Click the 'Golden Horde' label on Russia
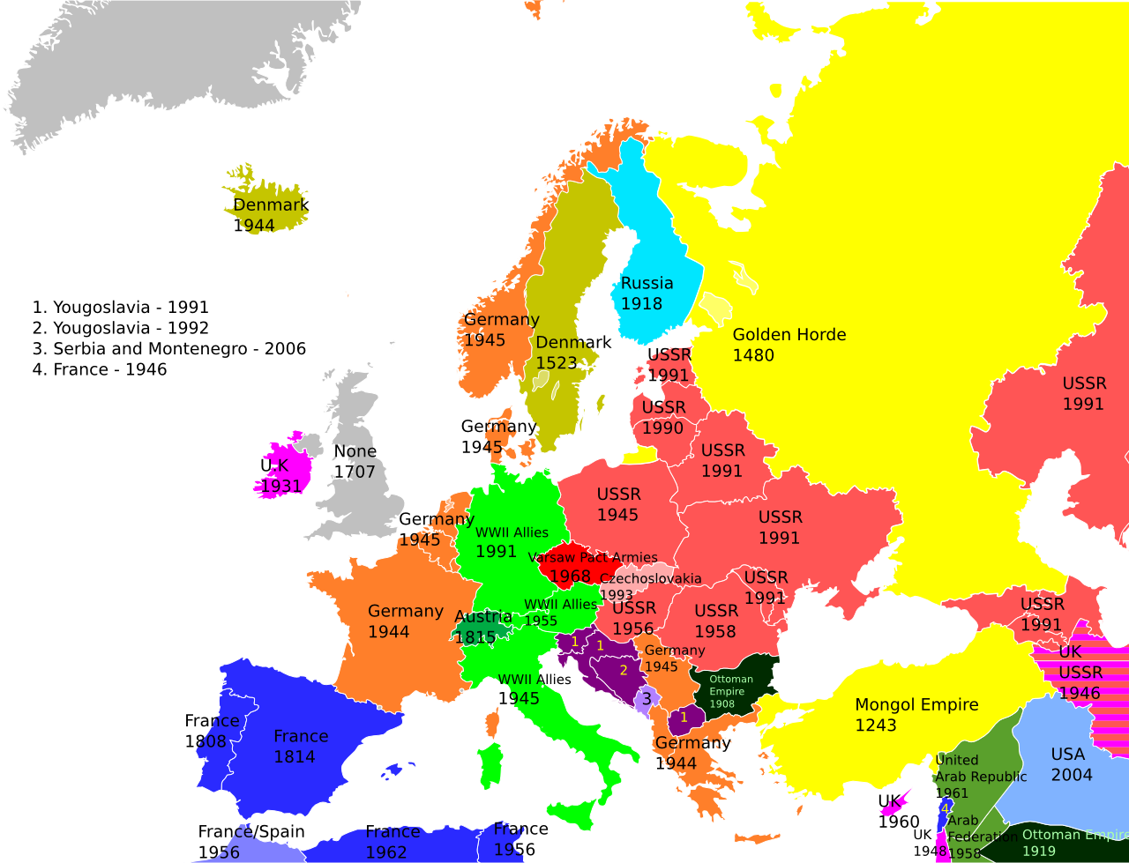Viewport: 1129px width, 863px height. coord(789,335)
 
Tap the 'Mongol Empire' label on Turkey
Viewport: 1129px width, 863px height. coord(916,705)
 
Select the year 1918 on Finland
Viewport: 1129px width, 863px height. coord(641,304)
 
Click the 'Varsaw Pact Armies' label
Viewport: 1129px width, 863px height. coord(593,557)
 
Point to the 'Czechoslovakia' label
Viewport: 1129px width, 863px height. coord(651,579)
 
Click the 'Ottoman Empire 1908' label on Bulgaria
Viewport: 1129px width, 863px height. coord(731,691)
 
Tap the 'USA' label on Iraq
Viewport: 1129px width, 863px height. coord(1067,755)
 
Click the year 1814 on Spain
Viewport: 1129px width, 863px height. coord(295,757)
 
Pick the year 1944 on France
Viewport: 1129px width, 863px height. coord(389,632)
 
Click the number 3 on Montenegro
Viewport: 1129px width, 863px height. coord(646,699)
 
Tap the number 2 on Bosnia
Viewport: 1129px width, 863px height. coord(623,671)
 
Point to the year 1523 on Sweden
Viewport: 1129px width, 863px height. coord(557,363)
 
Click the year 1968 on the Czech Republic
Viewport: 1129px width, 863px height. coord(570,577)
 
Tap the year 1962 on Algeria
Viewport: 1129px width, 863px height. coord(386,852)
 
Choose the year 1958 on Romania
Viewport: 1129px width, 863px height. coord(714,632)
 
